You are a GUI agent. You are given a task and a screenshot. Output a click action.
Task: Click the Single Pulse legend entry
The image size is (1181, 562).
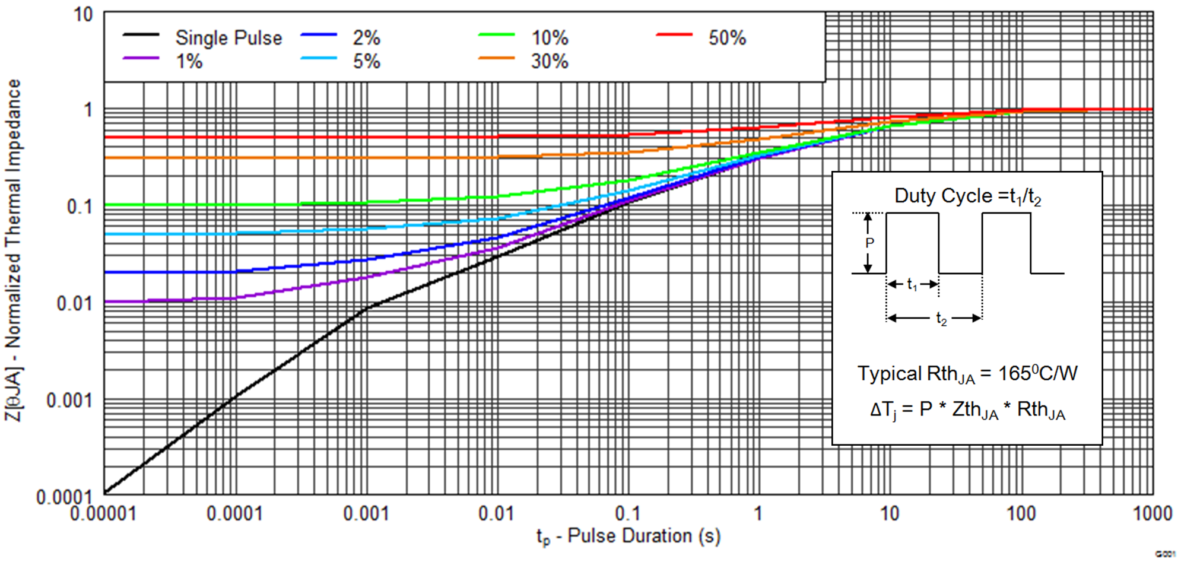tap(228, 38)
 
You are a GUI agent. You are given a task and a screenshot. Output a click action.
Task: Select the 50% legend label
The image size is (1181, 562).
tap(727, 38)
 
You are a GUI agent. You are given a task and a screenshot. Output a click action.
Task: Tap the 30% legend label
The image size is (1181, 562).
tap(550, 61)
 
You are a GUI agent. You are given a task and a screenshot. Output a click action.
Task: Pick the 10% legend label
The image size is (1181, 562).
tap(550, 38)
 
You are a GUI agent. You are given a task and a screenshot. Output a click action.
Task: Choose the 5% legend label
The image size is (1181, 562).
tap(366, 61)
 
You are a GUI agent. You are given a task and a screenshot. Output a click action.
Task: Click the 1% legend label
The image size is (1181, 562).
tap(189, 61)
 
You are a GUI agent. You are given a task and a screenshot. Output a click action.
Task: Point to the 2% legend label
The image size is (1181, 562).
tap(366, 38)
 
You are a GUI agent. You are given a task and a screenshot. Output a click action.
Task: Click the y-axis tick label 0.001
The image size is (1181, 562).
tap(70, 401)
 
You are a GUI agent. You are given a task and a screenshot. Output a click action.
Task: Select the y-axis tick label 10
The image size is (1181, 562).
tap(83, 14)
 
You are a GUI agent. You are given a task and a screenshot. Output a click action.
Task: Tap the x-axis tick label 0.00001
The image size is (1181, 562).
tap(103, 513)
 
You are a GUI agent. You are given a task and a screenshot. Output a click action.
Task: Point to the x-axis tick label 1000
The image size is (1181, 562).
tap(1152, 513)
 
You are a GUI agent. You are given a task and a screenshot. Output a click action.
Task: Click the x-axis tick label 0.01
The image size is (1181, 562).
tap(496, 513)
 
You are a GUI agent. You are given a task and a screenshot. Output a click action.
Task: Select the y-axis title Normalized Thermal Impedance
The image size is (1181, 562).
tap(13, 249)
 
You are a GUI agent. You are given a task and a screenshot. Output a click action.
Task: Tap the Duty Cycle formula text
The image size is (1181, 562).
tap(967, 196)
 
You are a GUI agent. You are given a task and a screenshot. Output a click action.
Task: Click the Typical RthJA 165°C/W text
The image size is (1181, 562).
tap(967, 374)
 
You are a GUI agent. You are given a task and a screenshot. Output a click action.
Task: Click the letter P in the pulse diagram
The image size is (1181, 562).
tap(869, 243)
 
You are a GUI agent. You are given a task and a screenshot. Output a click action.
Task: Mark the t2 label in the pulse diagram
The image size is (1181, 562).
tap(941, 319)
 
